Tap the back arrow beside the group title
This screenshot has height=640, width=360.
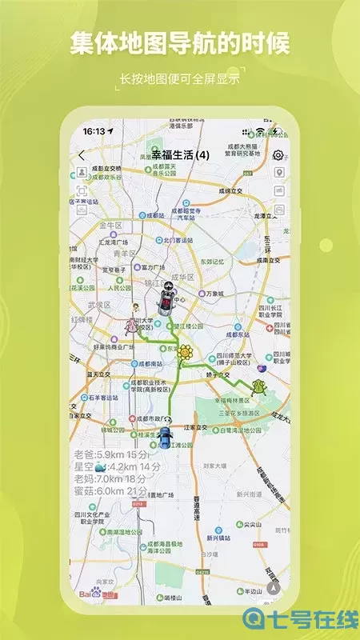[82, 154]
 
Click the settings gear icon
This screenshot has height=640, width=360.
[278, 155]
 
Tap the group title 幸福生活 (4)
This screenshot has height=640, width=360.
[180, 154]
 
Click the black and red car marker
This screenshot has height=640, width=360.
[166, 299]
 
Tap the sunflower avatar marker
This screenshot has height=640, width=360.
[186, 352]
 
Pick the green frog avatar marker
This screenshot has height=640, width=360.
[258, 387]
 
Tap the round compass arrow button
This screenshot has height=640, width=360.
[274, 586]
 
